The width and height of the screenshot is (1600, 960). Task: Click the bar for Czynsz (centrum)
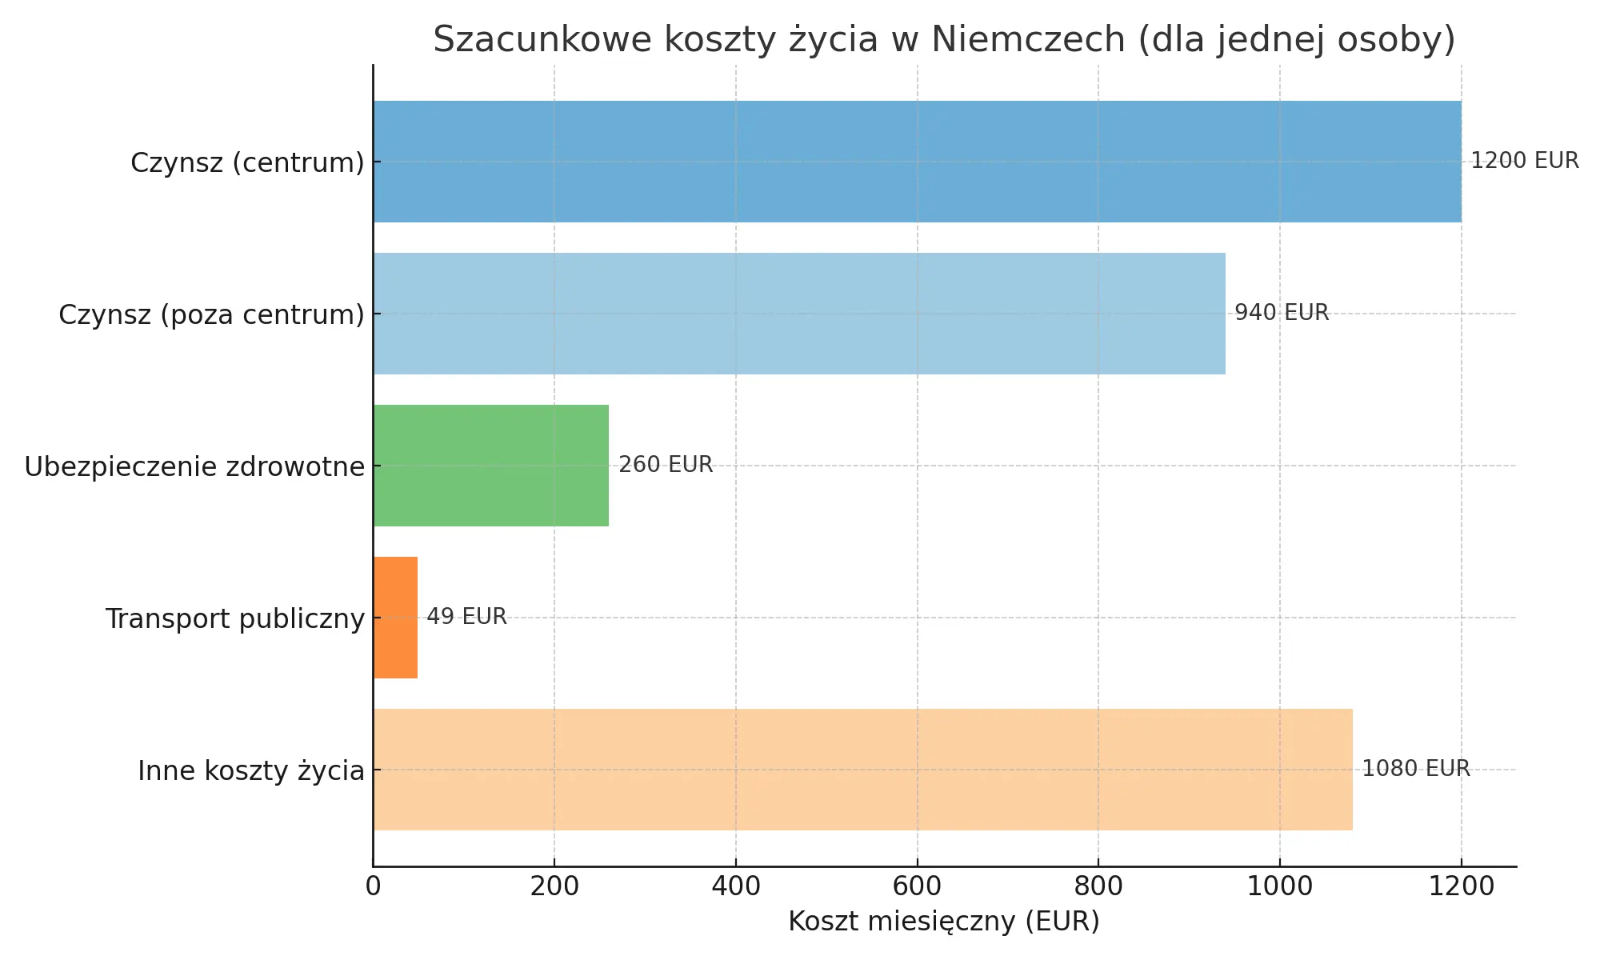pyautogui.click(x=917, y=162)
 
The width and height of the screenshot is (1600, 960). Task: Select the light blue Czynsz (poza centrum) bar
pyautogui.click(x=798, y=314)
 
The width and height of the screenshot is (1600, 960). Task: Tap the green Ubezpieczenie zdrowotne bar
pyautogui.click(x=490, y=466)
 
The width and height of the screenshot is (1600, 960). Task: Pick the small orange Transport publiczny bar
pyautogui.click(x=395, y=618)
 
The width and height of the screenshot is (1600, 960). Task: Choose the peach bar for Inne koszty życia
pyautogui.click(x=862, y=770)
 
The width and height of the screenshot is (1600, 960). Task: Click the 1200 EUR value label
pyautogui.click(x=1525, y=161)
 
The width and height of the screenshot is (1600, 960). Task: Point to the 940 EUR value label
pyautogui.click(x=1282, y=313)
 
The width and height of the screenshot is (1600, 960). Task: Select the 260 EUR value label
pyautogui.click(x=666, y=465)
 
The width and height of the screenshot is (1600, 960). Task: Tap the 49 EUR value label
pyautogui.click(x=466, y=617)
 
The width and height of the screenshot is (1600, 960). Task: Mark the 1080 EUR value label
pyautogui.click(x=1416, y=769)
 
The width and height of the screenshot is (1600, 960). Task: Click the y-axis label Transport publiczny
pyautogui.click(x=235, y=618)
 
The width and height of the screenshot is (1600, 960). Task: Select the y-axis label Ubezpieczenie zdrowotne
pyautogui.click(x=194, y=466)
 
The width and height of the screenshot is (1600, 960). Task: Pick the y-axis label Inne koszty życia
pyautogui.click(x=251, y=770)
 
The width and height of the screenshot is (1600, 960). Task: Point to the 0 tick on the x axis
pyautogui.click(x=373, y=887)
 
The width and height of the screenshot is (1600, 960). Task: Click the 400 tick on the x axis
pyautogui.click(x=735, y=887)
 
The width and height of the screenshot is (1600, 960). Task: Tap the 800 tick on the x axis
pyautogui.click(x=1098, y=887)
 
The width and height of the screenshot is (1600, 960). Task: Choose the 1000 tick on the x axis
pyautogui.click(x=1279, y=887)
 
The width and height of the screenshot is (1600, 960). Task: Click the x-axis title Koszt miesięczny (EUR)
pyautogui.click(x=944, y=922)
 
